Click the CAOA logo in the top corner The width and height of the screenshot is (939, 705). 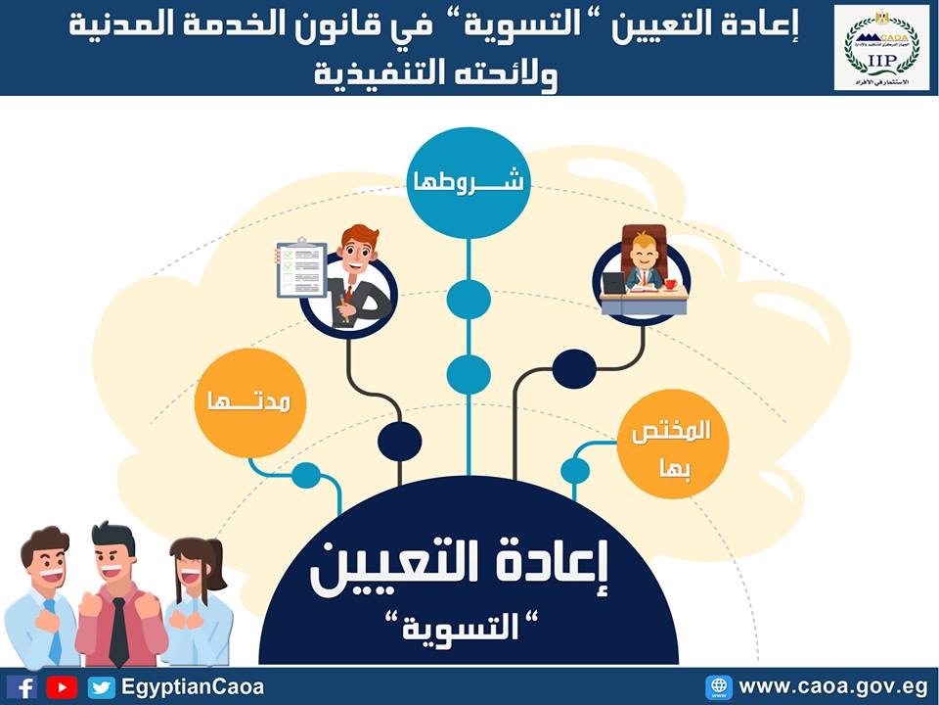881,47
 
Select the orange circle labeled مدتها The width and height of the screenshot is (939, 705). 250,401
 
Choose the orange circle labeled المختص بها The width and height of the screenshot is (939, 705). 675,446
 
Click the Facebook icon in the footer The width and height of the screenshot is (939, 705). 22,686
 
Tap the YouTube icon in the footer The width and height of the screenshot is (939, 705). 62,686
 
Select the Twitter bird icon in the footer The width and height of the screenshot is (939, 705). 102,686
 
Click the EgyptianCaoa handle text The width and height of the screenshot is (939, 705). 193,686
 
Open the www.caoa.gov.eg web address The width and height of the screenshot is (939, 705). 831,686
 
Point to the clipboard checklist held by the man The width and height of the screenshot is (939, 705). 300,266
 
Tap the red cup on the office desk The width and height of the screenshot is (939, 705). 671,284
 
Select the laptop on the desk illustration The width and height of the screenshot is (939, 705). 614,283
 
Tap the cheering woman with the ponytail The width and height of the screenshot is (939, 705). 196,597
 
